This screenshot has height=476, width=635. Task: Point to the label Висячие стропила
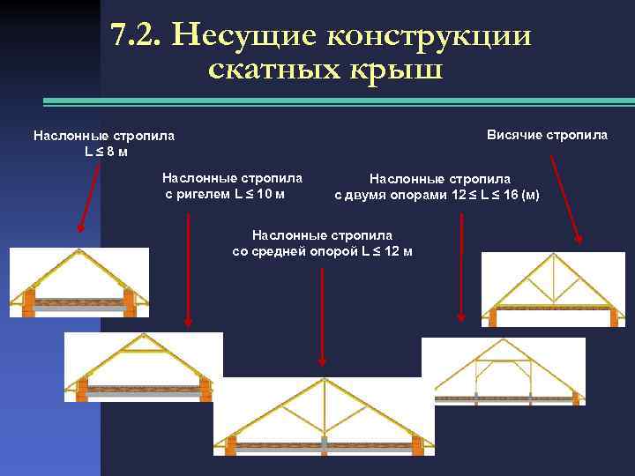tap(547, 135)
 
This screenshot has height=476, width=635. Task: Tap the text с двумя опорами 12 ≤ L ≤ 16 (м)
tap(437, 195)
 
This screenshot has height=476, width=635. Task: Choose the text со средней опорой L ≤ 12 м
tap(322, 250)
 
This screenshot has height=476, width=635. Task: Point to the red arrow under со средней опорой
tap(323, 317)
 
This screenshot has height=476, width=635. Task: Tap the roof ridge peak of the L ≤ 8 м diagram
tap(78, 251)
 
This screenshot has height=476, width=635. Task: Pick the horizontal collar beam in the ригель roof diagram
tap(146, 351)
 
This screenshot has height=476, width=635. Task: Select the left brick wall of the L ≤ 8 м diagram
tap(29, 301)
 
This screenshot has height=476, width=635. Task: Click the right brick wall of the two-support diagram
tap(576, 398)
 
